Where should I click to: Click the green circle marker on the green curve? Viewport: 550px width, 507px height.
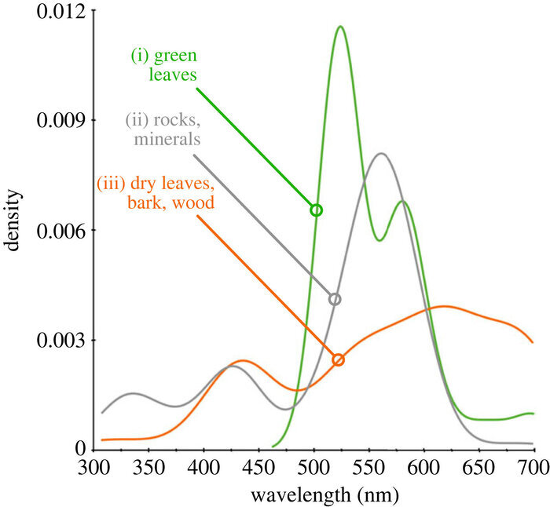(316, 210)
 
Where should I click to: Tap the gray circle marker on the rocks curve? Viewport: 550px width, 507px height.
(335, 299)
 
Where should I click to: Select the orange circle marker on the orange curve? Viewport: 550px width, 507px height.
(339, 359)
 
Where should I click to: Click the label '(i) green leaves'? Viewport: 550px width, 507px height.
(163, 66)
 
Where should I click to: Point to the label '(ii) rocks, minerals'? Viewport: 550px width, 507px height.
(163, 130)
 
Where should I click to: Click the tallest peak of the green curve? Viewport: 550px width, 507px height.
(340, 27)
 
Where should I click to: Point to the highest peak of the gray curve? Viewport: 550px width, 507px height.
(381, 154)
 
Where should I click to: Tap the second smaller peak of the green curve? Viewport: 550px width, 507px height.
(403, 202)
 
